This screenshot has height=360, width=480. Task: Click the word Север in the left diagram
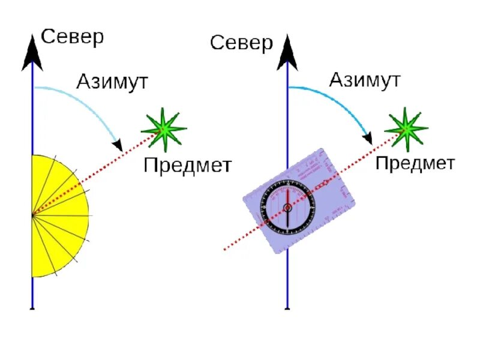point(72,37)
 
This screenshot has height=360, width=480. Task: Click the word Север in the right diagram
point(241,43)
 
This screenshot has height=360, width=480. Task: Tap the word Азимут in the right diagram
point(365,80)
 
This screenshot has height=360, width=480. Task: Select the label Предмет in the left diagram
point(187,165)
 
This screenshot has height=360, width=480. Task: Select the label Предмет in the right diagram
point(415,163)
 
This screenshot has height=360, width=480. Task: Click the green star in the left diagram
point(163,128)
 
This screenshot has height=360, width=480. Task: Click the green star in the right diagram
point(406,128)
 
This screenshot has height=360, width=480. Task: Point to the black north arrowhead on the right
point(287,54)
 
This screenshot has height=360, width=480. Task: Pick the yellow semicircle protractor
point(59,216)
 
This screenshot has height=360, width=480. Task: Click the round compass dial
point(287,208)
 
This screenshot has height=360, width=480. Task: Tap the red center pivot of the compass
point(287,208)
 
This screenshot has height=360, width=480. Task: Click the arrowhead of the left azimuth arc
point(119,146)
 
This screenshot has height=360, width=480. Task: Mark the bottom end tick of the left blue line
point(32,308)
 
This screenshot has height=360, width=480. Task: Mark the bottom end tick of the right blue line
point(287,308)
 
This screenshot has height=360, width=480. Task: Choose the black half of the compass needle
point(287,219)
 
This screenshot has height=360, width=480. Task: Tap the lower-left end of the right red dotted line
point(224,249)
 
